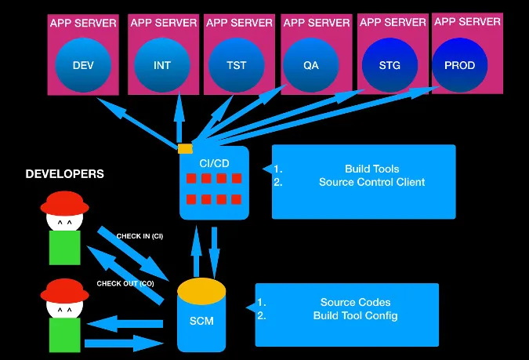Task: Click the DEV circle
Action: pos(83,65)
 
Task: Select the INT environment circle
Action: pos(162,65)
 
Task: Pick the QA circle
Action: pos(311,65)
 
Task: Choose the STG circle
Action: pos(389,65)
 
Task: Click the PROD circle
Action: pos(459,65)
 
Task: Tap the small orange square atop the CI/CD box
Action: pos(186,148)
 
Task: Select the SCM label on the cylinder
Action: pos(201,321)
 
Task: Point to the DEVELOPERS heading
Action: pos(64,174)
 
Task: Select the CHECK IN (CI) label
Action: pos(139,236)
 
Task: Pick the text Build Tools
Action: pos(371,169)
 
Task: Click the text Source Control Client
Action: pos(371,182)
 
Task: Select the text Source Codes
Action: pos(355,302)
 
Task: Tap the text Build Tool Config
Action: pos(355,315)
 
